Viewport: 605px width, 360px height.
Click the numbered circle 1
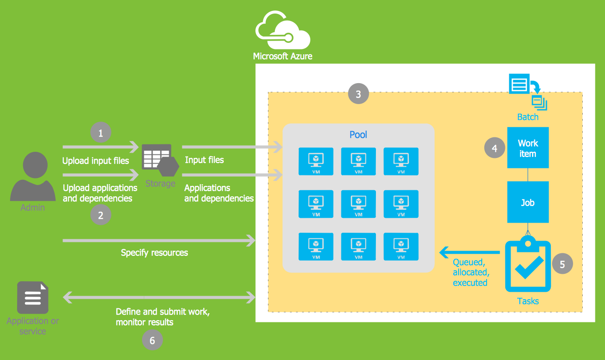point(101,133)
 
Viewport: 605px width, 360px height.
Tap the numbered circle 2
point(101,215)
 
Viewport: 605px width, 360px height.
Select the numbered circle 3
point(358,94)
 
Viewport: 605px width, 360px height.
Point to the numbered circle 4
point(494,148)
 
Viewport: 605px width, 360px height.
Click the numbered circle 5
point(563,264)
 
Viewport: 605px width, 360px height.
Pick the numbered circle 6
point(152,340)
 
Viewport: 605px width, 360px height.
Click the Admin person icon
point(33,177)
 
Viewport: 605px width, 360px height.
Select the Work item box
point(528,148)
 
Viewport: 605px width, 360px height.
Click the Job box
point(528,203)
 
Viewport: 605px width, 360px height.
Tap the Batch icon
point(528,92)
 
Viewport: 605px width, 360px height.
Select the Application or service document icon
point(33,297)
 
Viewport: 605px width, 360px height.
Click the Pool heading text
point(358,135)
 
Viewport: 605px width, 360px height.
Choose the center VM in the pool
point(358,204)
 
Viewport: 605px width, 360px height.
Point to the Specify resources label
point(154,253)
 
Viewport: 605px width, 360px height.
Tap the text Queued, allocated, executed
point(471,273)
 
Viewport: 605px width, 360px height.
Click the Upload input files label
point(96,161)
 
